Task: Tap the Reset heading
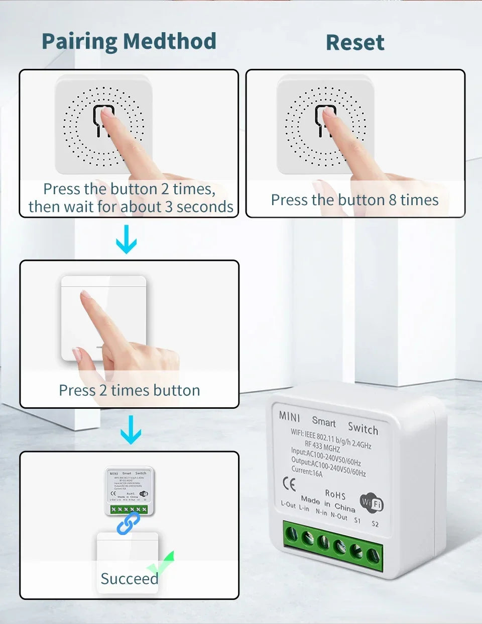click(x=355, y=42)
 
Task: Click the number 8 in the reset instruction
click(x=393, y=200)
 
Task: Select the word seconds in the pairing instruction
click(x=205, y=207)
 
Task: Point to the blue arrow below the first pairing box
click(x=126, y=239)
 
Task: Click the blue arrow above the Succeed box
click(x=131, y=429)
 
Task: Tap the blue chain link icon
click(x=129, y=523)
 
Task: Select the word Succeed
click(x=129, y=579)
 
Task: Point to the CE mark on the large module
click(x=289, y=484)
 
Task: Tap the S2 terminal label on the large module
click(x=375, y=524)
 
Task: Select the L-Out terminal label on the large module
click(x=288, y=504)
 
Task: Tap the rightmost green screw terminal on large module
click(x=372, y=555)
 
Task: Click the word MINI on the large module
click(x=289, y=416)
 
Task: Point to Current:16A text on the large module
click(x=307, y=472)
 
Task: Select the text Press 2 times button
click(x=129, y=391)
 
